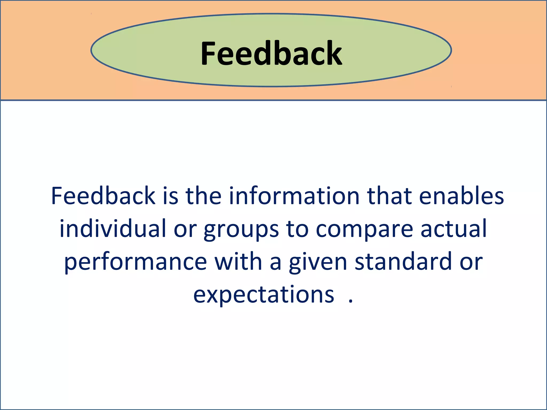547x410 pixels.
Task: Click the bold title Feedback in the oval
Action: click(271, 53)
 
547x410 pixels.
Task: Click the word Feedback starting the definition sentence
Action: click(103, 196)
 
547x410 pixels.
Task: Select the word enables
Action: click(461, 196)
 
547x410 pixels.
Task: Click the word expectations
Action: click(264, 295)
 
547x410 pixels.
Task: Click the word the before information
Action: click(204, 196)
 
